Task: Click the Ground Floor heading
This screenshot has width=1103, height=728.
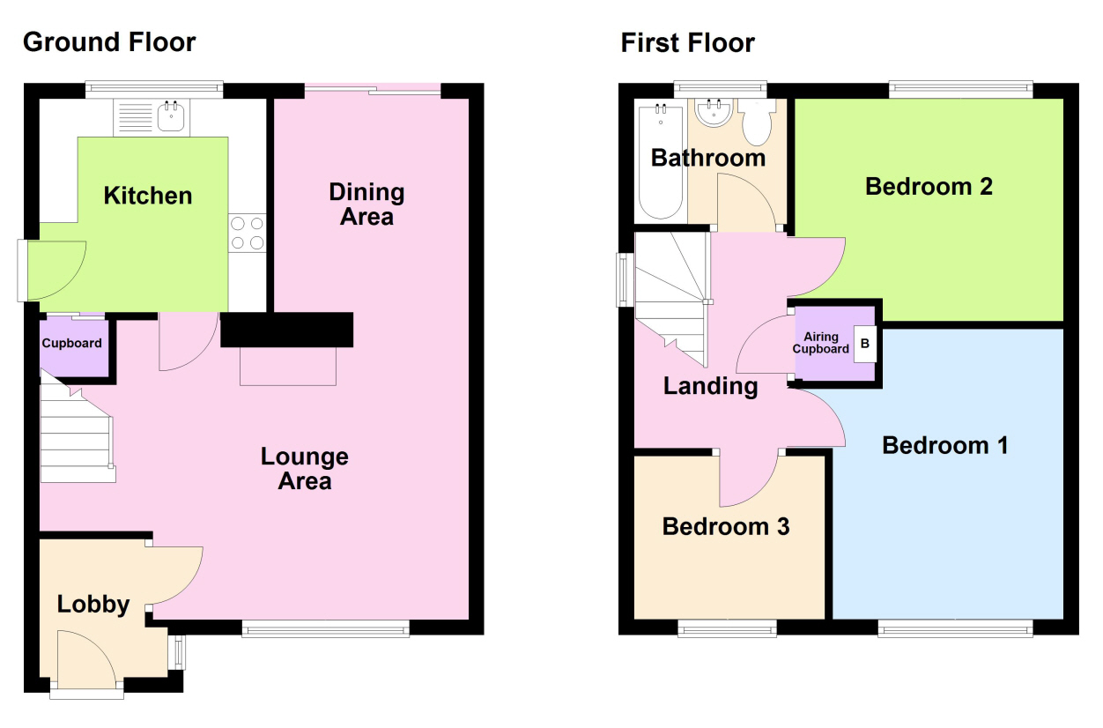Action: click(x=109, y=42)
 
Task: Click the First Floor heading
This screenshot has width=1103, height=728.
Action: click(x=687, y=43)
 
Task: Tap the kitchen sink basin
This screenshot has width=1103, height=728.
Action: click(x=171, y=116)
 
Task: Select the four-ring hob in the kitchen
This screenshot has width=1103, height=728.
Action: click(x=248, y=233)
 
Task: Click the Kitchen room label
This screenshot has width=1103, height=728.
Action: click(x=148, y=196)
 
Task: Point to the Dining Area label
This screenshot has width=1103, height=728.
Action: click(x=366, y=204)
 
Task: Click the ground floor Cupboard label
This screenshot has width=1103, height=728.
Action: click(x=72, y=343)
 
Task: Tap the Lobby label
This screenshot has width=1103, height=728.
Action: click(x=93, y=605)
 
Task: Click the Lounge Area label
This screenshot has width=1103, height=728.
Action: click(x=305, y=468)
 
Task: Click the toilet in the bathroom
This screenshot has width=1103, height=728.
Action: click(x=757, y=122)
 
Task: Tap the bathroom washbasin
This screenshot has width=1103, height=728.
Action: click(x=713, y=113)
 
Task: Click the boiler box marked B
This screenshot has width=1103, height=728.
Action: click(x=864, y=344)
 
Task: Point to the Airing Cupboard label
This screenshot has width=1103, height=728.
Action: click(x=821, y=343)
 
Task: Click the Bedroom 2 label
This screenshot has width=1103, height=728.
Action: click(x=929, y=187)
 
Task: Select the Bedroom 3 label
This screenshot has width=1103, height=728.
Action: click(x=726, y=526)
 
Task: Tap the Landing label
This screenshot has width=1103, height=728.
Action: click(x=711, y=386)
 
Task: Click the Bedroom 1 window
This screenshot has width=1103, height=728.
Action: click(x=955, y=629)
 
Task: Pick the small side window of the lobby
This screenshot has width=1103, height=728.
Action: click(x=179, y=652)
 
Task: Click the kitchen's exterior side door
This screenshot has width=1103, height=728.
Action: click(x=52, y=271)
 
